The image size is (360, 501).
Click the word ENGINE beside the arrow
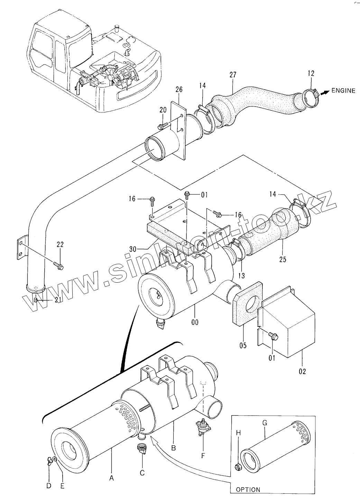343,91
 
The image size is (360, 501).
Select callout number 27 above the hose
233,75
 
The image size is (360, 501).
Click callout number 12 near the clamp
311,73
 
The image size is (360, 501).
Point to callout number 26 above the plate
179,90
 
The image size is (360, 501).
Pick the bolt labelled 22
58,265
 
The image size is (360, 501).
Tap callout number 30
133,249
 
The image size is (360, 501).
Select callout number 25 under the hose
283,259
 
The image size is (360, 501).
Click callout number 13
241,275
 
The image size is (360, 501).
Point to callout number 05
243,346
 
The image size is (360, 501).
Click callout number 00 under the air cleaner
195,322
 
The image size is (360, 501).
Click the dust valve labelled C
141,449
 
